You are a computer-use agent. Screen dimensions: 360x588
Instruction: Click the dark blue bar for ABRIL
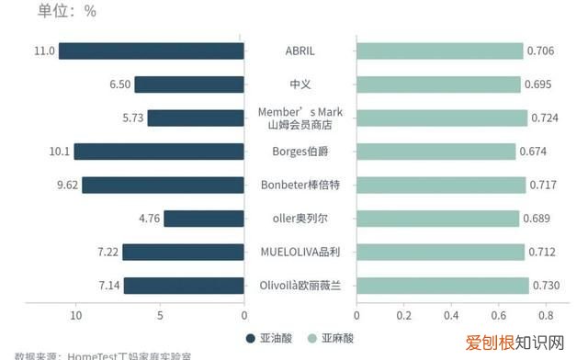coord(152,51)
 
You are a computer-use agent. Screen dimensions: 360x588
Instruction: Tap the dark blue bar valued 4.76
coord(204,219)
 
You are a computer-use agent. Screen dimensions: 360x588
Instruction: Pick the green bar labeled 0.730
coord(442,286)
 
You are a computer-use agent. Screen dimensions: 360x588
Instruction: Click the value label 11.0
coord(44,51)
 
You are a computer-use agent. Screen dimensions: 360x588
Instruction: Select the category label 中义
coord(300,84)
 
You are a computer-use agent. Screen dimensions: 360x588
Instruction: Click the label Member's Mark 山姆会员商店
coord(300,118)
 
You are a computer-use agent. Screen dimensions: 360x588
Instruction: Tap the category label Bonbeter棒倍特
coord(300,185)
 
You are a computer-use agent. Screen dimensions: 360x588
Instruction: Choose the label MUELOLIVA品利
coord(300,252)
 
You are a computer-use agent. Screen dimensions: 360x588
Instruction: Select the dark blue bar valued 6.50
coord(189,84)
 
